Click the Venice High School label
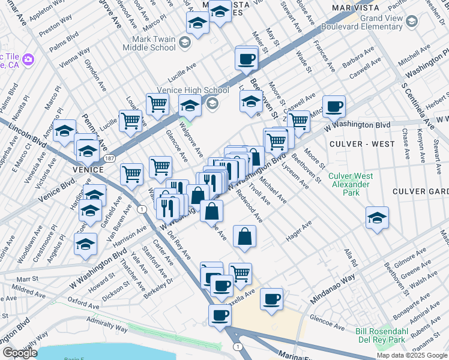click(x=193, y=91)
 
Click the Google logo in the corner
click(x=20, y=353)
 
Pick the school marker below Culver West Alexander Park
click(x=377, y=218)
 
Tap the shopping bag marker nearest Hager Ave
click(x=245, y=236)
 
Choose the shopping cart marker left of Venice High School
click(x=157, y=104)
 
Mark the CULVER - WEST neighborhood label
click(x=362, y=144)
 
